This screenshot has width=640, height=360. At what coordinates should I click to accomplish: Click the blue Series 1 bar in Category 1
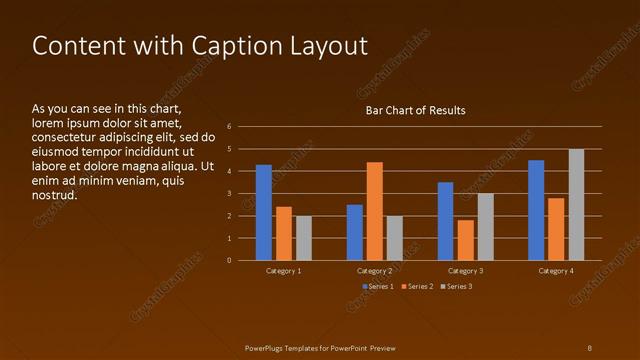264,212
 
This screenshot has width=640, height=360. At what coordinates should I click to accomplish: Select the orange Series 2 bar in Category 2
375,211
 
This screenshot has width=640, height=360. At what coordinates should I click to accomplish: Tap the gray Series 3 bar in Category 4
576,205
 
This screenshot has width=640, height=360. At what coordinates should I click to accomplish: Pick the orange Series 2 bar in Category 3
465,240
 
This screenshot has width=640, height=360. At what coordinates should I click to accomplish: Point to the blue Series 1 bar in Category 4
536,210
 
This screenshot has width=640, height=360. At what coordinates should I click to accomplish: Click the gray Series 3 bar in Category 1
304,238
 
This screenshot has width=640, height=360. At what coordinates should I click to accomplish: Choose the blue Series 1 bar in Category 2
355,232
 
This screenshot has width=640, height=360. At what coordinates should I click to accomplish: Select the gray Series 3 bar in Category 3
485,227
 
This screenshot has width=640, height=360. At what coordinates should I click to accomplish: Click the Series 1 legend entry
378,287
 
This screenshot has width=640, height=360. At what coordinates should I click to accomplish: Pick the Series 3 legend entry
457,287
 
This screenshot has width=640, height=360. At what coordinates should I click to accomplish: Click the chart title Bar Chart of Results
415,110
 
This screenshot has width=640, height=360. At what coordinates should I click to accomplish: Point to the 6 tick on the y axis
230,127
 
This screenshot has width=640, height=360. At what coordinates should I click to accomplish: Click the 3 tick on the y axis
230,194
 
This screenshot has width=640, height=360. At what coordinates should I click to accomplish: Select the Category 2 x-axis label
374,271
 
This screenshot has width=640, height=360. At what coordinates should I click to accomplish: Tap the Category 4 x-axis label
556,271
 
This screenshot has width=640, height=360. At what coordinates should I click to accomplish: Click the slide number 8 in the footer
589,347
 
